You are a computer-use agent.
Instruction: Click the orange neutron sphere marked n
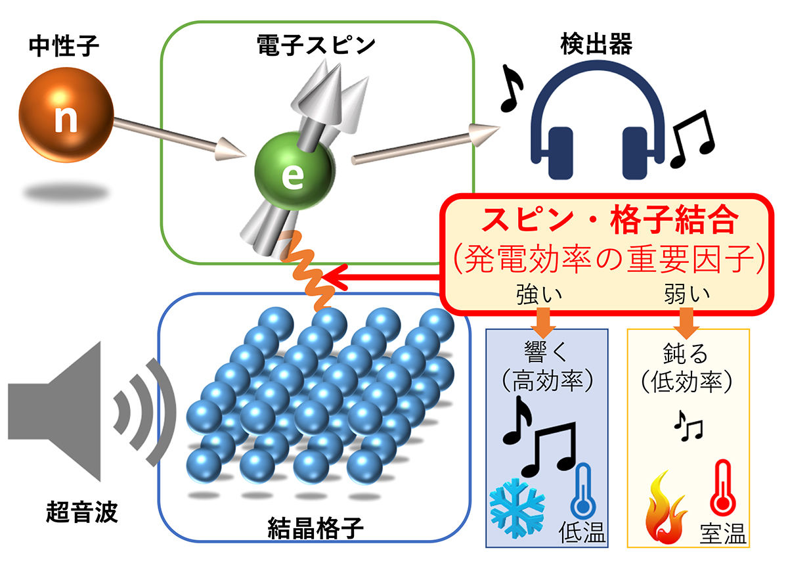[x=66, y=115]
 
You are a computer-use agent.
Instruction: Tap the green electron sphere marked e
[x=294, y=171]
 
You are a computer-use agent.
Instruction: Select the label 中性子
[x=64, y=46]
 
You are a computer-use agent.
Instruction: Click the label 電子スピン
[x=316, y=45]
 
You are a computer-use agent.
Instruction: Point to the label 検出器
[x=596, y=44]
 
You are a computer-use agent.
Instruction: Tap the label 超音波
[x=81, y=512]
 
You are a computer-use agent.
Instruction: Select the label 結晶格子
[x=315, y=528]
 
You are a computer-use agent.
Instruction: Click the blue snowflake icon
[x=517, y=508]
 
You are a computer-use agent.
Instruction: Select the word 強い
[x=539, y=294]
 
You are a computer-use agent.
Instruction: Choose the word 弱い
[x=687, y=294]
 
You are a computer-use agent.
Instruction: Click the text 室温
[x=723, y=533]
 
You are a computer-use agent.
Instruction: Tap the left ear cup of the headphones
[x=560, y=153]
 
